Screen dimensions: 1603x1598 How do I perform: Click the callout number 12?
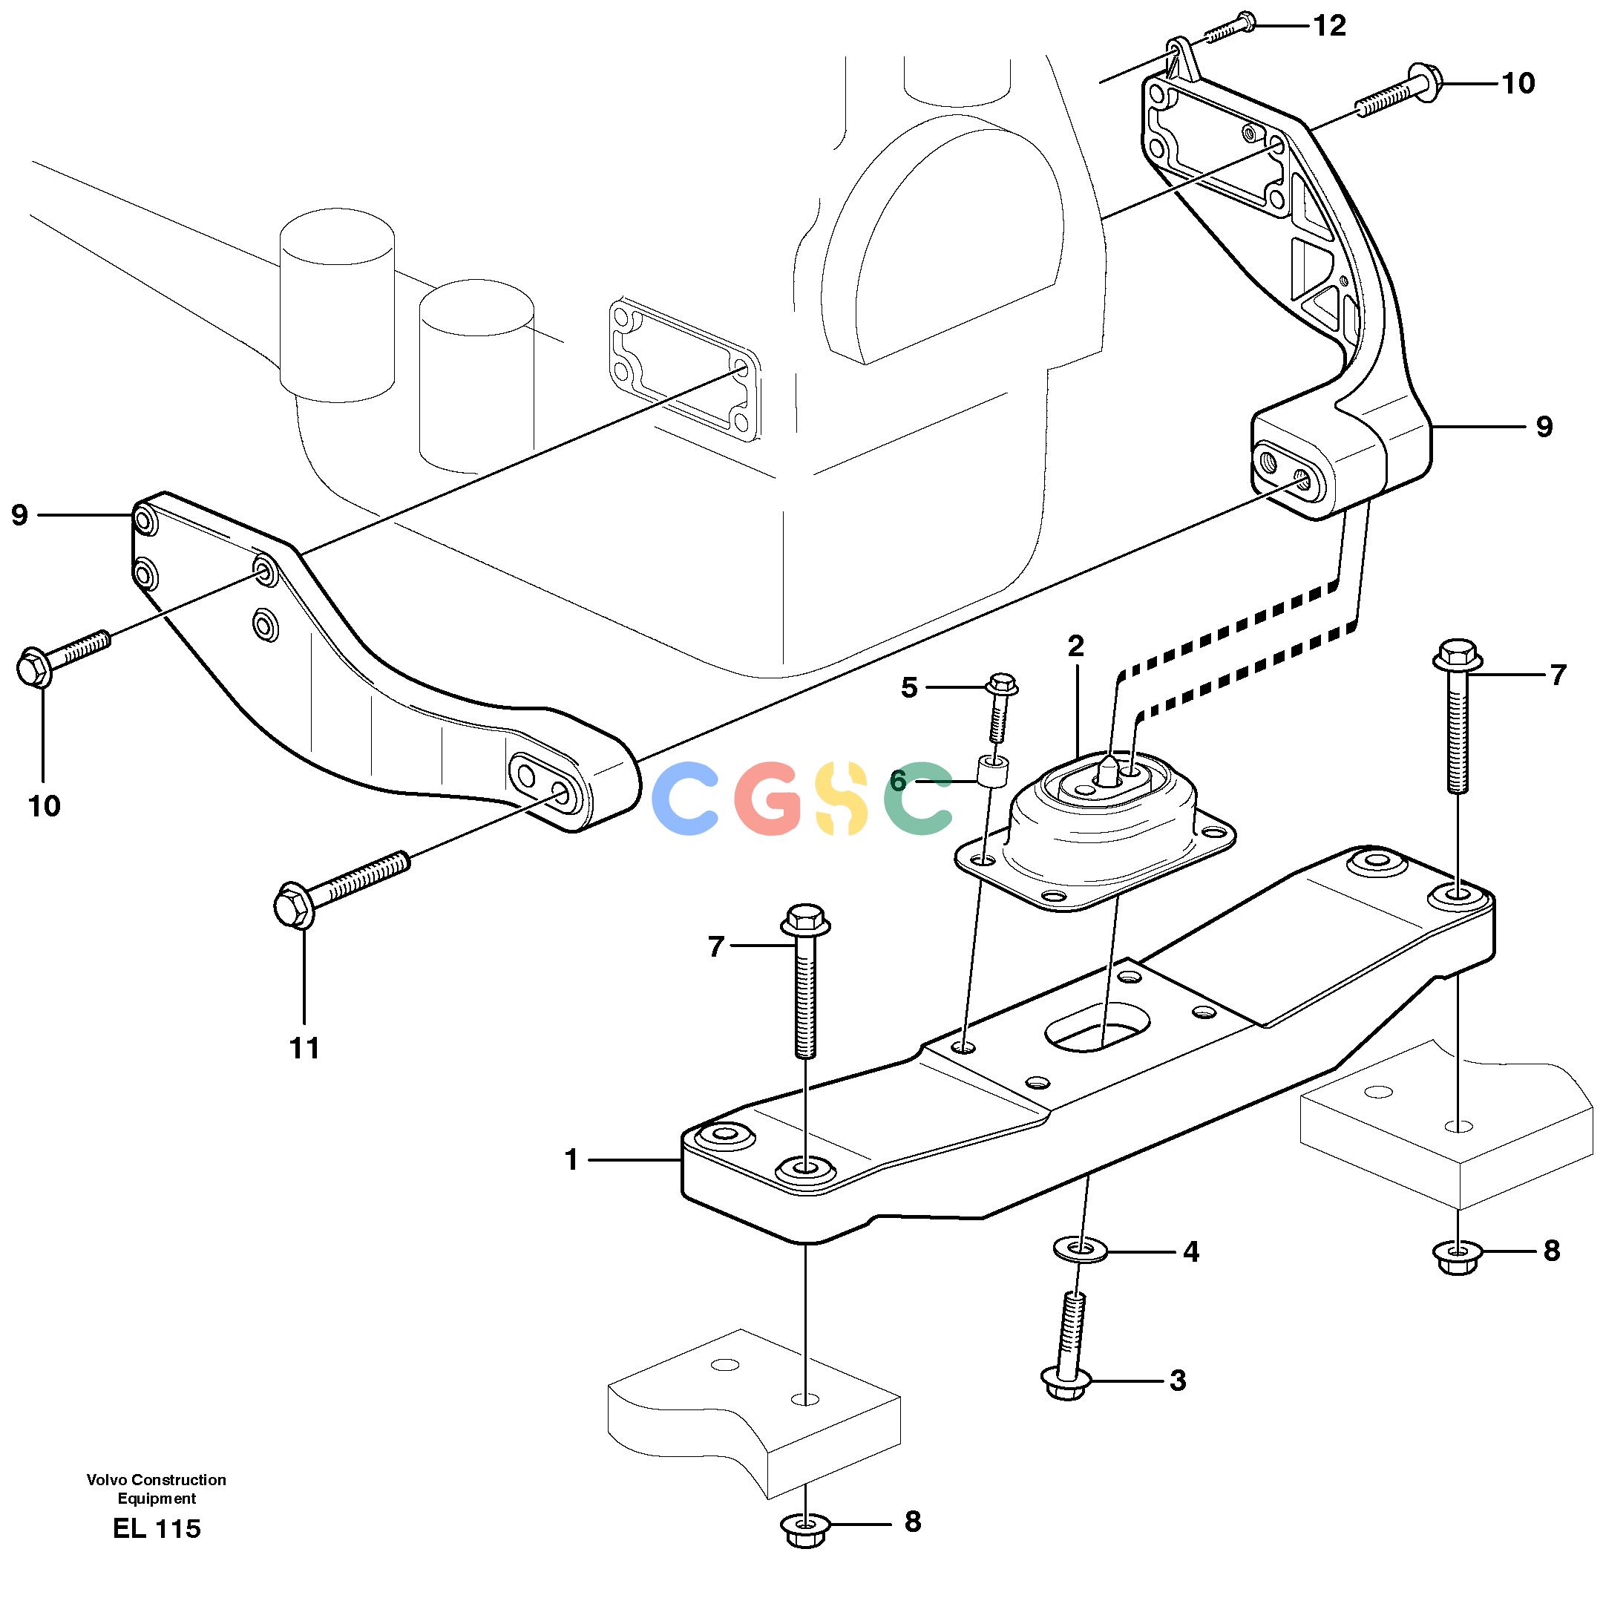[1329, 27]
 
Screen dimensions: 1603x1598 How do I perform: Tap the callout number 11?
[304, 1049]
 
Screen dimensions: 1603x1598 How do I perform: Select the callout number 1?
[571, 1160]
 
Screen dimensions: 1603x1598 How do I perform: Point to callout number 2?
[1076, 646]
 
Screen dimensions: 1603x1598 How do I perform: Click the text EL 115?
[157, 1528]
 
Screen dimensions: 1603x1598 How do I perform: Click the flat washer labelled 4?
[1080, 1249]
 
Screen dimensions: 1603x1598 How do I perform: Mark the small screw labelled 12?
[1229, 27]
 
